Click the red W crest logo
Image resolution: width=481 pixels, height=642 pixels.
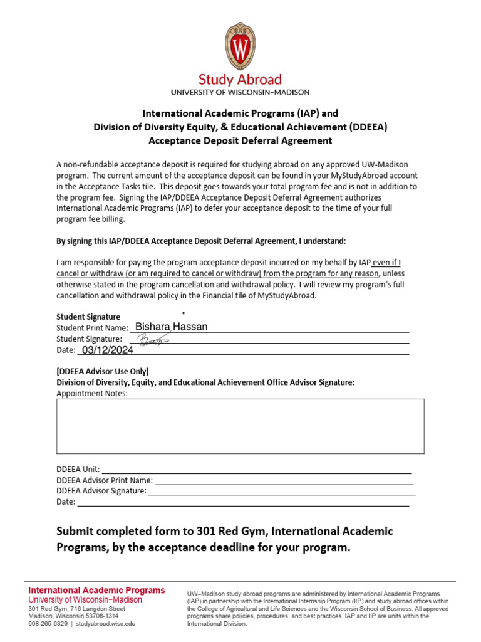pyautogui.click(x=240, y=46)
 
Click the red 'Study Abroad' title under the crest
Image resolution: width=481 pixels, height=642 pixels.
pyautogui.click(x=240, y=80)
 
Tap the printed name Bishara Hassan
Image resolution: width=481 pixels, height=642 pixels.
pyautogui.click(x=172, y=327)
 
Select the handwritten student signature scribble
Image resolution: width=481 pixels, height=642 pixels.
pyautogui.click(x=153, y=340)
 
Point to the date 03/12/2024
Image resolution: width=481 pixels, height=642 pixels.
pyautogui.click(x=107, y=351)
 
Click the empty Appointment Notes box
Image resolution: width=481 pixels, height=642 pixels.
pyautogui.click(x=240, y=426)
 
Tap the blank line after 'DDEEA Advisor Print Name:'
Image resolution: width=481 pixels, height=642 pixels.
pyautogui.click(x=284, y=480)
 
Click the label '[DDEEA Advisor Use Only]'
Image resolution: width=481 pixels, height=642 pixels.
pyautogui.click(x=103, y=371)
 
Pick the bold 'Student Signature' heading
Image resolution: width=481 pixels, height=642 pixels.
pyautogui.click(x=88, y=317)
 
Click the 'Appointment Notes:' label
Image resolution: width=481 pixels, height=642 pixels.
pyautogui.click(x=92, y=393)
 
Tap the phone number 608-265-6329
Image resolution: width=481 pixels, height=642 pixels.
pyautogui.click(x=48, y=624)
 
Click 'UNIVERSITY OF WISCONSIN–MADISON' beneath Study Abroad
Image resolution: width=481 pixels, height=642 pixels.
pyautogui.click(x=240, y=92)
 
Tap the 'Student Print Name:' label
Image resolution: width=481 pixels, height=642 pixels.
pyautogui.click(x=92, y=328)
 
